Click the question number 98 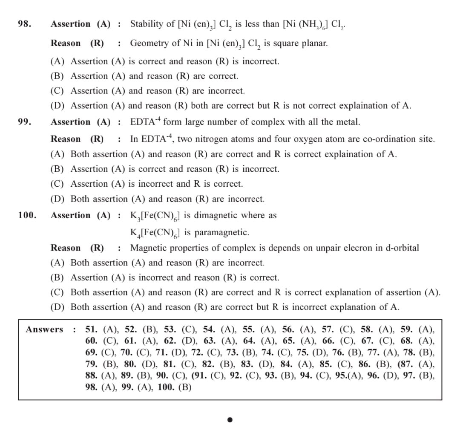24,24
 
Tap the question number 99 24,122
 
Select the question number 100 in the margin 27,215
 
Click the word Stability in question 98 145,24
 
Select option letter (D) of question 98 57,105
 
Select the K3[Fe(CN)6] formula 155,216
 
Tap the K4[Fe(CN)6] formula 155,233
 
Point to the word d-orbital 402,248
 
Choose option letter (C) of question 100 57,292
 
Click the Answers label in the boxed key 44,329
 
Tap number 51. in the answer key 91,329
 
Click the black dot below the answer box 230,420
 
